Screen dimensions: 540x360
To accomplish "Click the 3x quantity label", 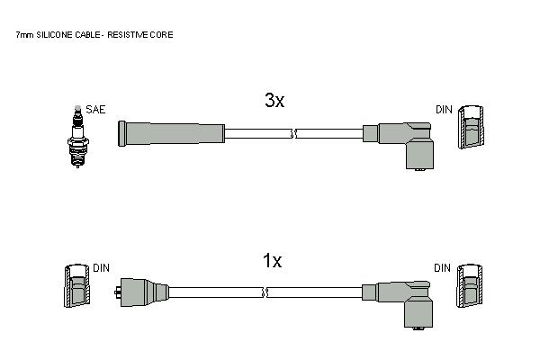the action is (x=274, y=100).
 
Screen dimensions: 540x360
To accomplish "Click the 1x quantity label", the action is (x=272, y=260).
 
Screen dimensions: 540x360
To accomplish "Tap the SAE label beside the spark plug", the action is (x=95, y=110).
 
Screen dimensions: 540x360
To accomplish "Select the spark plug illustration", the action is (x=77, y=137).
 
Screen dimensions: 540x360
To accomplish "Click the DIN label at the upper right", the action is (x=444, y=110).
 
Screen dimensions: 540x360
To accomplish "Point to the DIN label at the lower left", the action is (x=101, y=267).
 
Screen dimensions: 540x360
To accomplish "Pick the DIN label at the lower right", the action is (x=442, y=267).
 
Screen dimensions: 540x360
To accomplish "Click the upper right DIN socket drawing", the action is (x=471, y=127).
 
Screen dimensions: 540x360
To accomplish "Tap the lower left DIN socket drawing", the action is (x=77, y=285).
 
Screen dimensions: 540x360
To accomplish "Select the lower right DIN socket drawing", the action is (x=470, y=285).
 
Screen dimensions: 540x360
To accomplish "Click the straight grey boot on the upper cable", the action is (x=171, y=134).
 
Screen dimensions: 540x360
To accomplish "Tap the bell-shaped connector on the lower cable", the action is (x=141, y=292).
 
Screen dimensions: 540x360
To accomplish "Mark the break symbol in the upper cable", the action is (x=293, y=134).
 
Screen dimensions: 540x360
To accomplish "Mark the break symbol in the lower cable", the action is (x=265, y=292).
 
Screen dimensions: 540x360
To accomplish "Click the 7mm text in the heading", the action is (x=24, y=35).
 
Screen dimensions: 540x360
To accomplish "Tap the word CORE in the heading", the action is (x=162, y=35).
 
